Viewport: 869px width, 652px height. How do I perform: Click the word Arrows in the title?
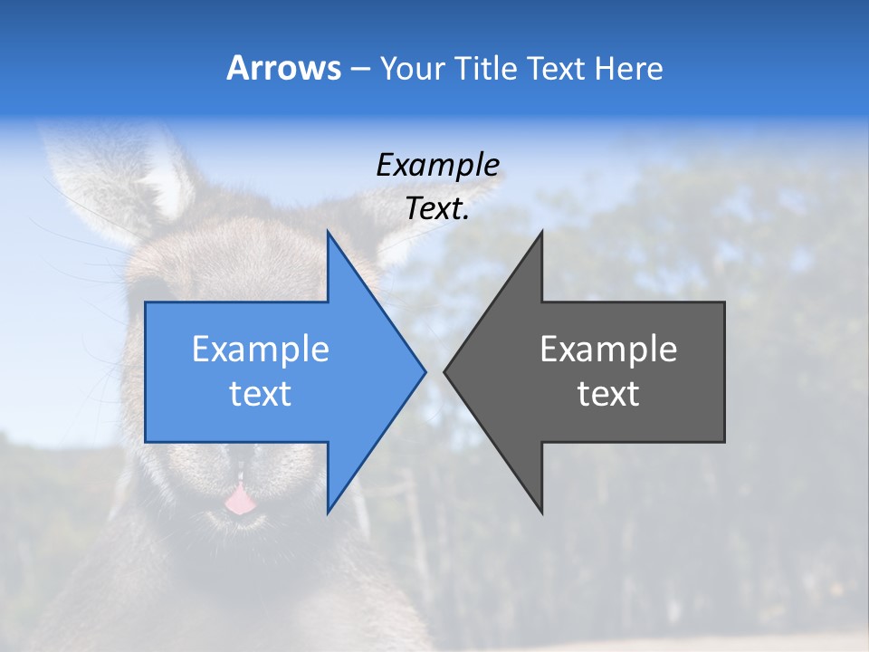(x=284, y=68)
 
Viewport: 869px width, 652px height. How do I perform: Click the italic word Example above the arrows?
(x=437, y=165)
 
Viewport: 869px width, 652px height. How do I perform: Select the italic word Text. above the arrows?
(x=437, y=208)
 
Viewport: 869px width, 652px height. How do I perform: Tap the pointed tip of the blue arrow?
(x=424, y=371)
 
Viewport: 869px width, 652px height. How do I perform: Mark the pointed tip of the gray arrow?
(x=446, y=371)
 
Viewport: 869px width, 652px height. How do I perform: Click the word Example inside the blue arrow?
(x=261, y=349)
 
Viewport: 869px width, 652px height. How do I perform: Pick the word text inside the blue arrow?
(x=261, y=394)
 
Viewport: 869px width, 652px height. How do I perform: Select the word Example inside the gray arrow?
(x=608, y=349)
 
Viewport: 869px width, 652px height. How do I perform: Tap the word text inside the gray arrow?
(x=608, y=394)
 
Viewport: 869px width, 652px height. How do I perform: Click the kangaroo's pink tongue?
(x=239, y=500)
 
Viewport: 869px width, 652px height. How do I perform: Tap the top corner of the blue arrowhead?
(x=329, y=234)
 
